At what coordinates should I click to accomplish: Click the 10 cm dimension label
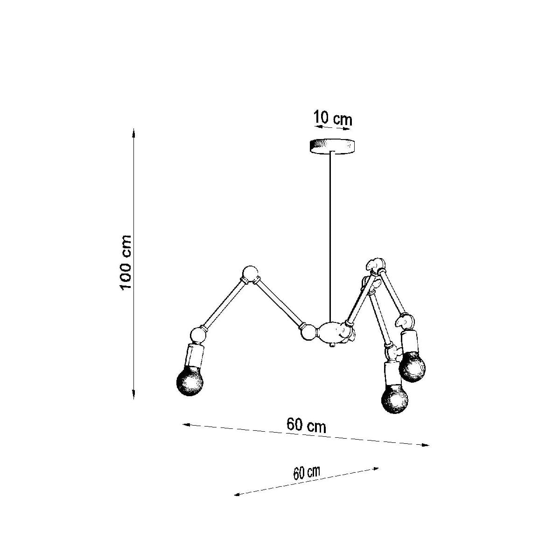333,118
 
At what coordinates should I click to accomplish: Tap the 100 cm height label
126,262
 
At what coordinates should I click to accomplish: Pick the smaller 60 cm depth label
307,473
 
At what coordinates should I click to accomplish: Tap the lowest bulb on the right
394,399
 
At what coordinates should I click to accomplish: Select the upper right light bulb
413,367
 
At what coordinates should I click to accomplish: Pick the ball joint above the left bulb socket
198,335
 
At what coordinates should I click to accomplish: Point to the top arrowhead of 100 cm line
134,132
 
